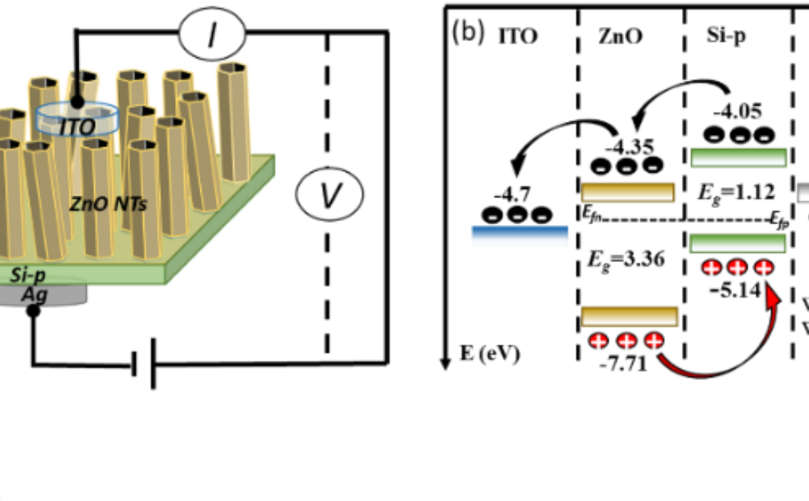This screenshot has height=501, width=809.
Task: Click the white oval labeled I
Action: (x=212, y=35)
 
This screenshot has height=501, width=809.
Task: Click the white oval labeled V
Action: (x=330, y=195)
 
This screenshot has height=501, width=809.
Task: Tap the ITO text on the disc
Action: (x=77, y=127)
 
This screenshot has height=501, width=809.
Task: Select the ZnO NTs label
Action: (x=108, y=204)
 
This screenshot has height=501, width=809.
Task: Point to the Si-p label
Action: (x=29, y=275)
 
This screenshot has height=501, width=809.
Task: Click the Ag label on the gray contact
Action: (x=35, y=294)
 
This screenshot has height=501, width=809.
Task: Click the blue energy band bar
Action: (x=519, y=236)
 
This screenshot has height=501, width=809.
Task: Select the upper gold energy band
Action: (x=628, y=192)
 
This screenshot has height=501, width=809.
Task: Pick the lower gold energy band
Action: (x=630, y=317)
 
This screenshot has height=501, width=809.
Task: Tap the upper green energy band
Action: (x=738, y=157)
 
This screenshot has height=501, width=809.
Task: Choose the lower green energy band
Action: (x=737, y=243)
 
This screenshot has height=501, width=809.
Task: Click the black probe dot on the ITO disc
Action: (x=77, y=102)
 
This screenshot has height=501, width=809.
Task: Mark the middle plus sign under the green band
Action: (x=737, y=269)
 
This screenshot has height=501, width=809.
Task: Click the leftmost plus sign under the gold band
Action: (x=599, y=342)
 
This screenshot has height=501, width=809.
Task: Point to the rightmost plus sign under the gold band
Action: (x=653, y=341)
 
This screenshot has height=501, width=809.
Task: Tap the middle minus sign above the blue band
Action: (x=517, y=218)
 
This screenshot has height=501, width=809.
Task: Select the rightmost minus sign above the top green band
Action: (x=764, y=139)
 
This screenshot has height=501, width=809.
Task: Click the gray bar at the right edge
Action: (x=802, y=192)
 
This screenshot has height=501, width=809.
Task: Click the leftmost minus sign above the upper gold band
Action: (x=601, y=169)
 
